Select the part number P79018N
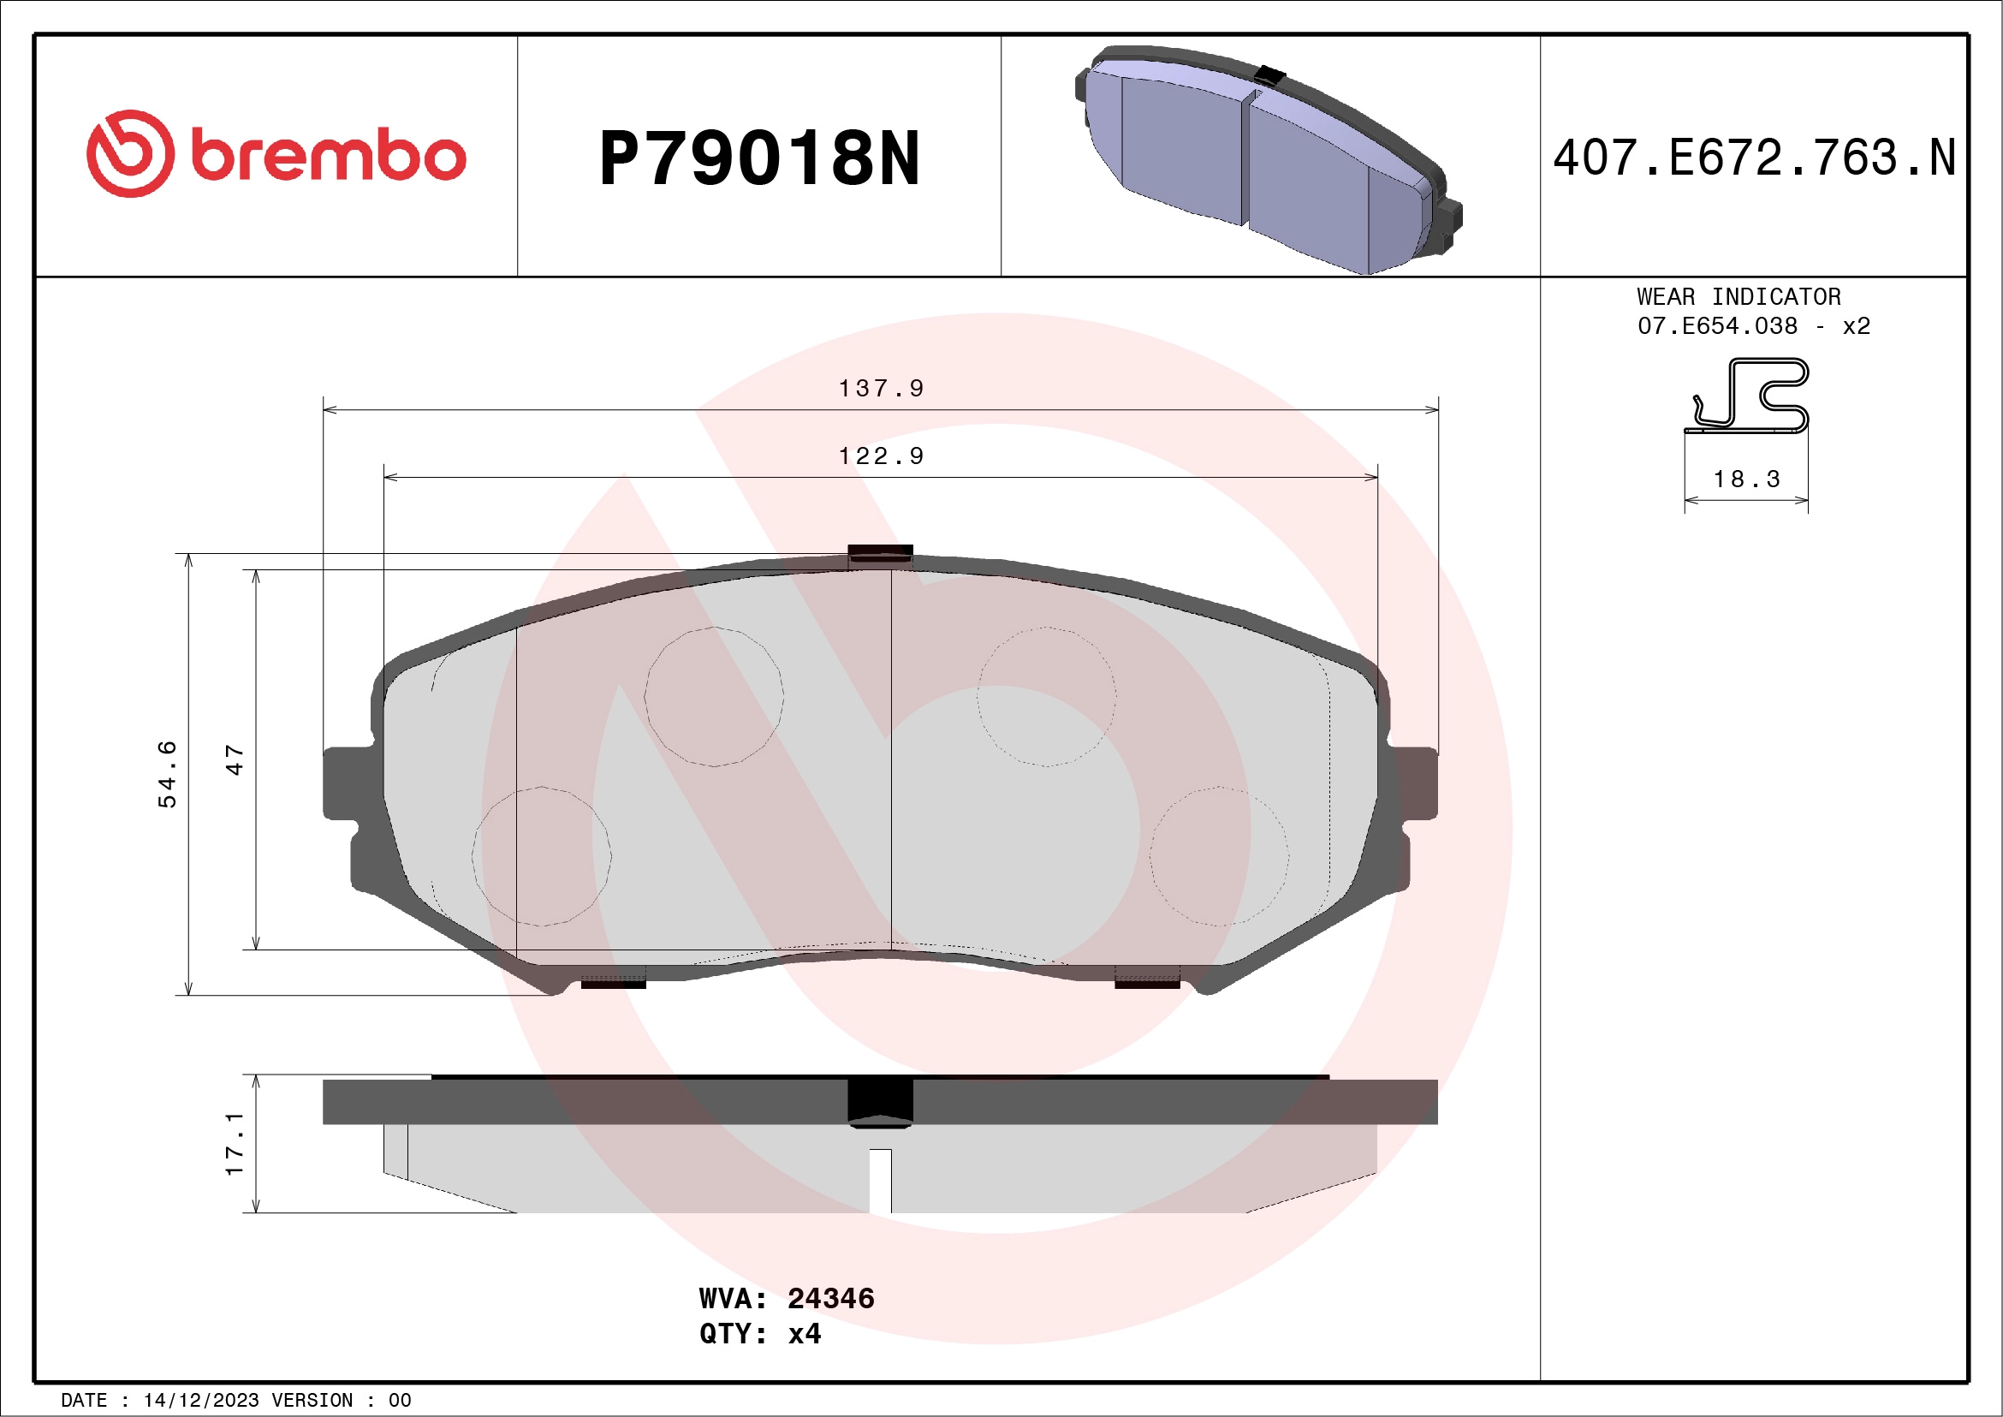click(x=759, y=158)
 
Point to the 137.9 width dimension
click(x=880, y=388)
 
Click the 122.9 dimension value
click(x=880, y=456)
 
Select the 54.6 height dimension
click(x=167, y=773)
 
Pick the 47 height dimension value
click(x=234, y=759)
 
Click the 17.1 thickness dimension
click(x=234, y=1143)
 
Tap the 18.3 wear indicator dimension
click(x=1745, y=479)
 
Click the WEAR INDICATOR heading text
click(x=1738, y=296)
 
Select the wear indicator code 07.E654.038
click(x=1716, y=326)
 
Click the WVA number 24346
click(x=829, y=1298)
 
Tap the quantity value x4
click(x=804, y=1334)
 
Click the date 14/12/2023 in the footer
click(x=200, y=1401)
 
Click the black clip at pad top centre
click(x=880, y=552)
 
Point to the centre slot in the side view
click(x=880, y=1181)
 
